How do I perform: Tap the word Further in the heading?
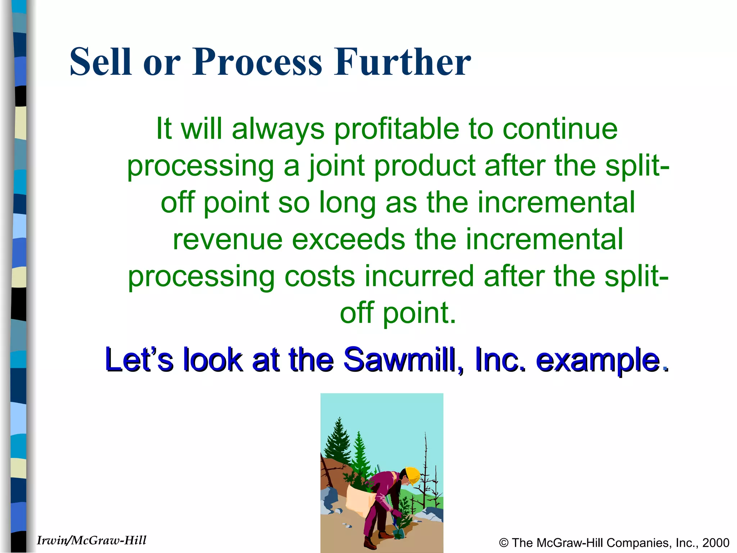tap(402, 62)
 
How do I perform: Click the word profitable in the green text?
tap(397, 129)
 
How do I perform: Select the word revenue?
tap(227, 239)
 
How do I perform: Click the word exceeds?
tap(348, 239)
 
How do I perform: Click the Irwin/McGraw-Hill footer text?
tap(91, 540)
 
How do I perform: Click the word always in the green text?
tap(278, 129)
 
